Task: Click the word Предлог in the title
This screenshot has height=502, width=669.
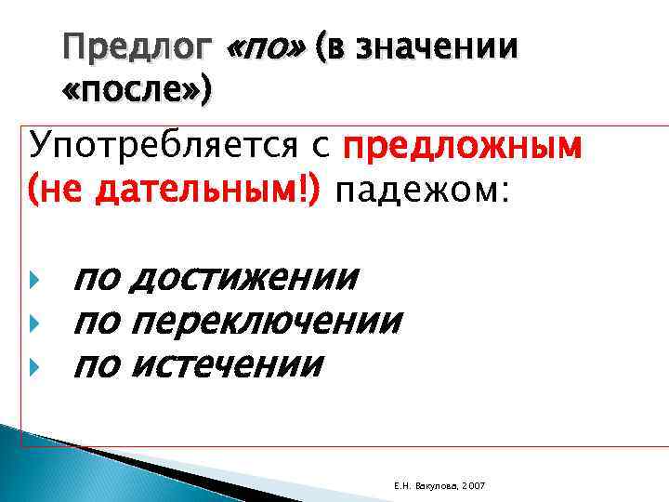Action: [x=138, y=46]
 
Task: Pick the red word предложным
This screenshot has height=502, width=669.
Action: [x=463, y=148]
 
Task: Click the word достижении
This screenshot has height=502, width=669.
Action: [x=244, y=277]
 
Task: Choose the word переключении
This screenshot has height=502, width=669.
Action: [x=267, y=321]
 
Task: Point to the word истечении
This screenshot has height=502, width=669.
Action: [x=228, y=363]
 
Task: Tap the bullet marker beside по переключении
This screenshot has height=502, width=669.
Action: [x=35, y=322]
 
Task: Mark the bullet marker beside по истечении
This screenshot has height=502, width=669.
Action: [x=35, y=364]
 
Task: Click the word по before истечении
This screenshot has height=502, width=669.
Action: [x=98, y=363]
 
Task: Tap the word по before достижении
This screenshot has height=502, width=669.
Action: [x=98, y=277]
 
